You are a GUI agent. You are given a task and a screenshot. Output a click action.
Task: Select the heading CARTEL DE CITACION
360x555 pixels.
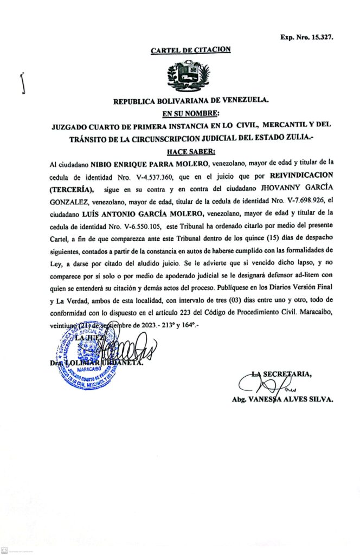(x=190, y=50)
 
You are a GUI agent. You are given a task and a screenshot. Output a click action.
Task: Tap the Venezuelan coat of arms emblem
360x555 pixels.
(x=189, y=76)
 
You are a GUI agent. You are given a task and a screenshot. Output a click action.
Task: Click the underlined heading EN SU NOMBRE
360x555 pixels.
(x=190, y=113)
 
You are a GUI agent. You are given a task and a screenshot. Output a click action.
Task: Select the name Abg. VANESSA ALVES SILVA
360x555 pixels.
(x=282, y=399)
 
